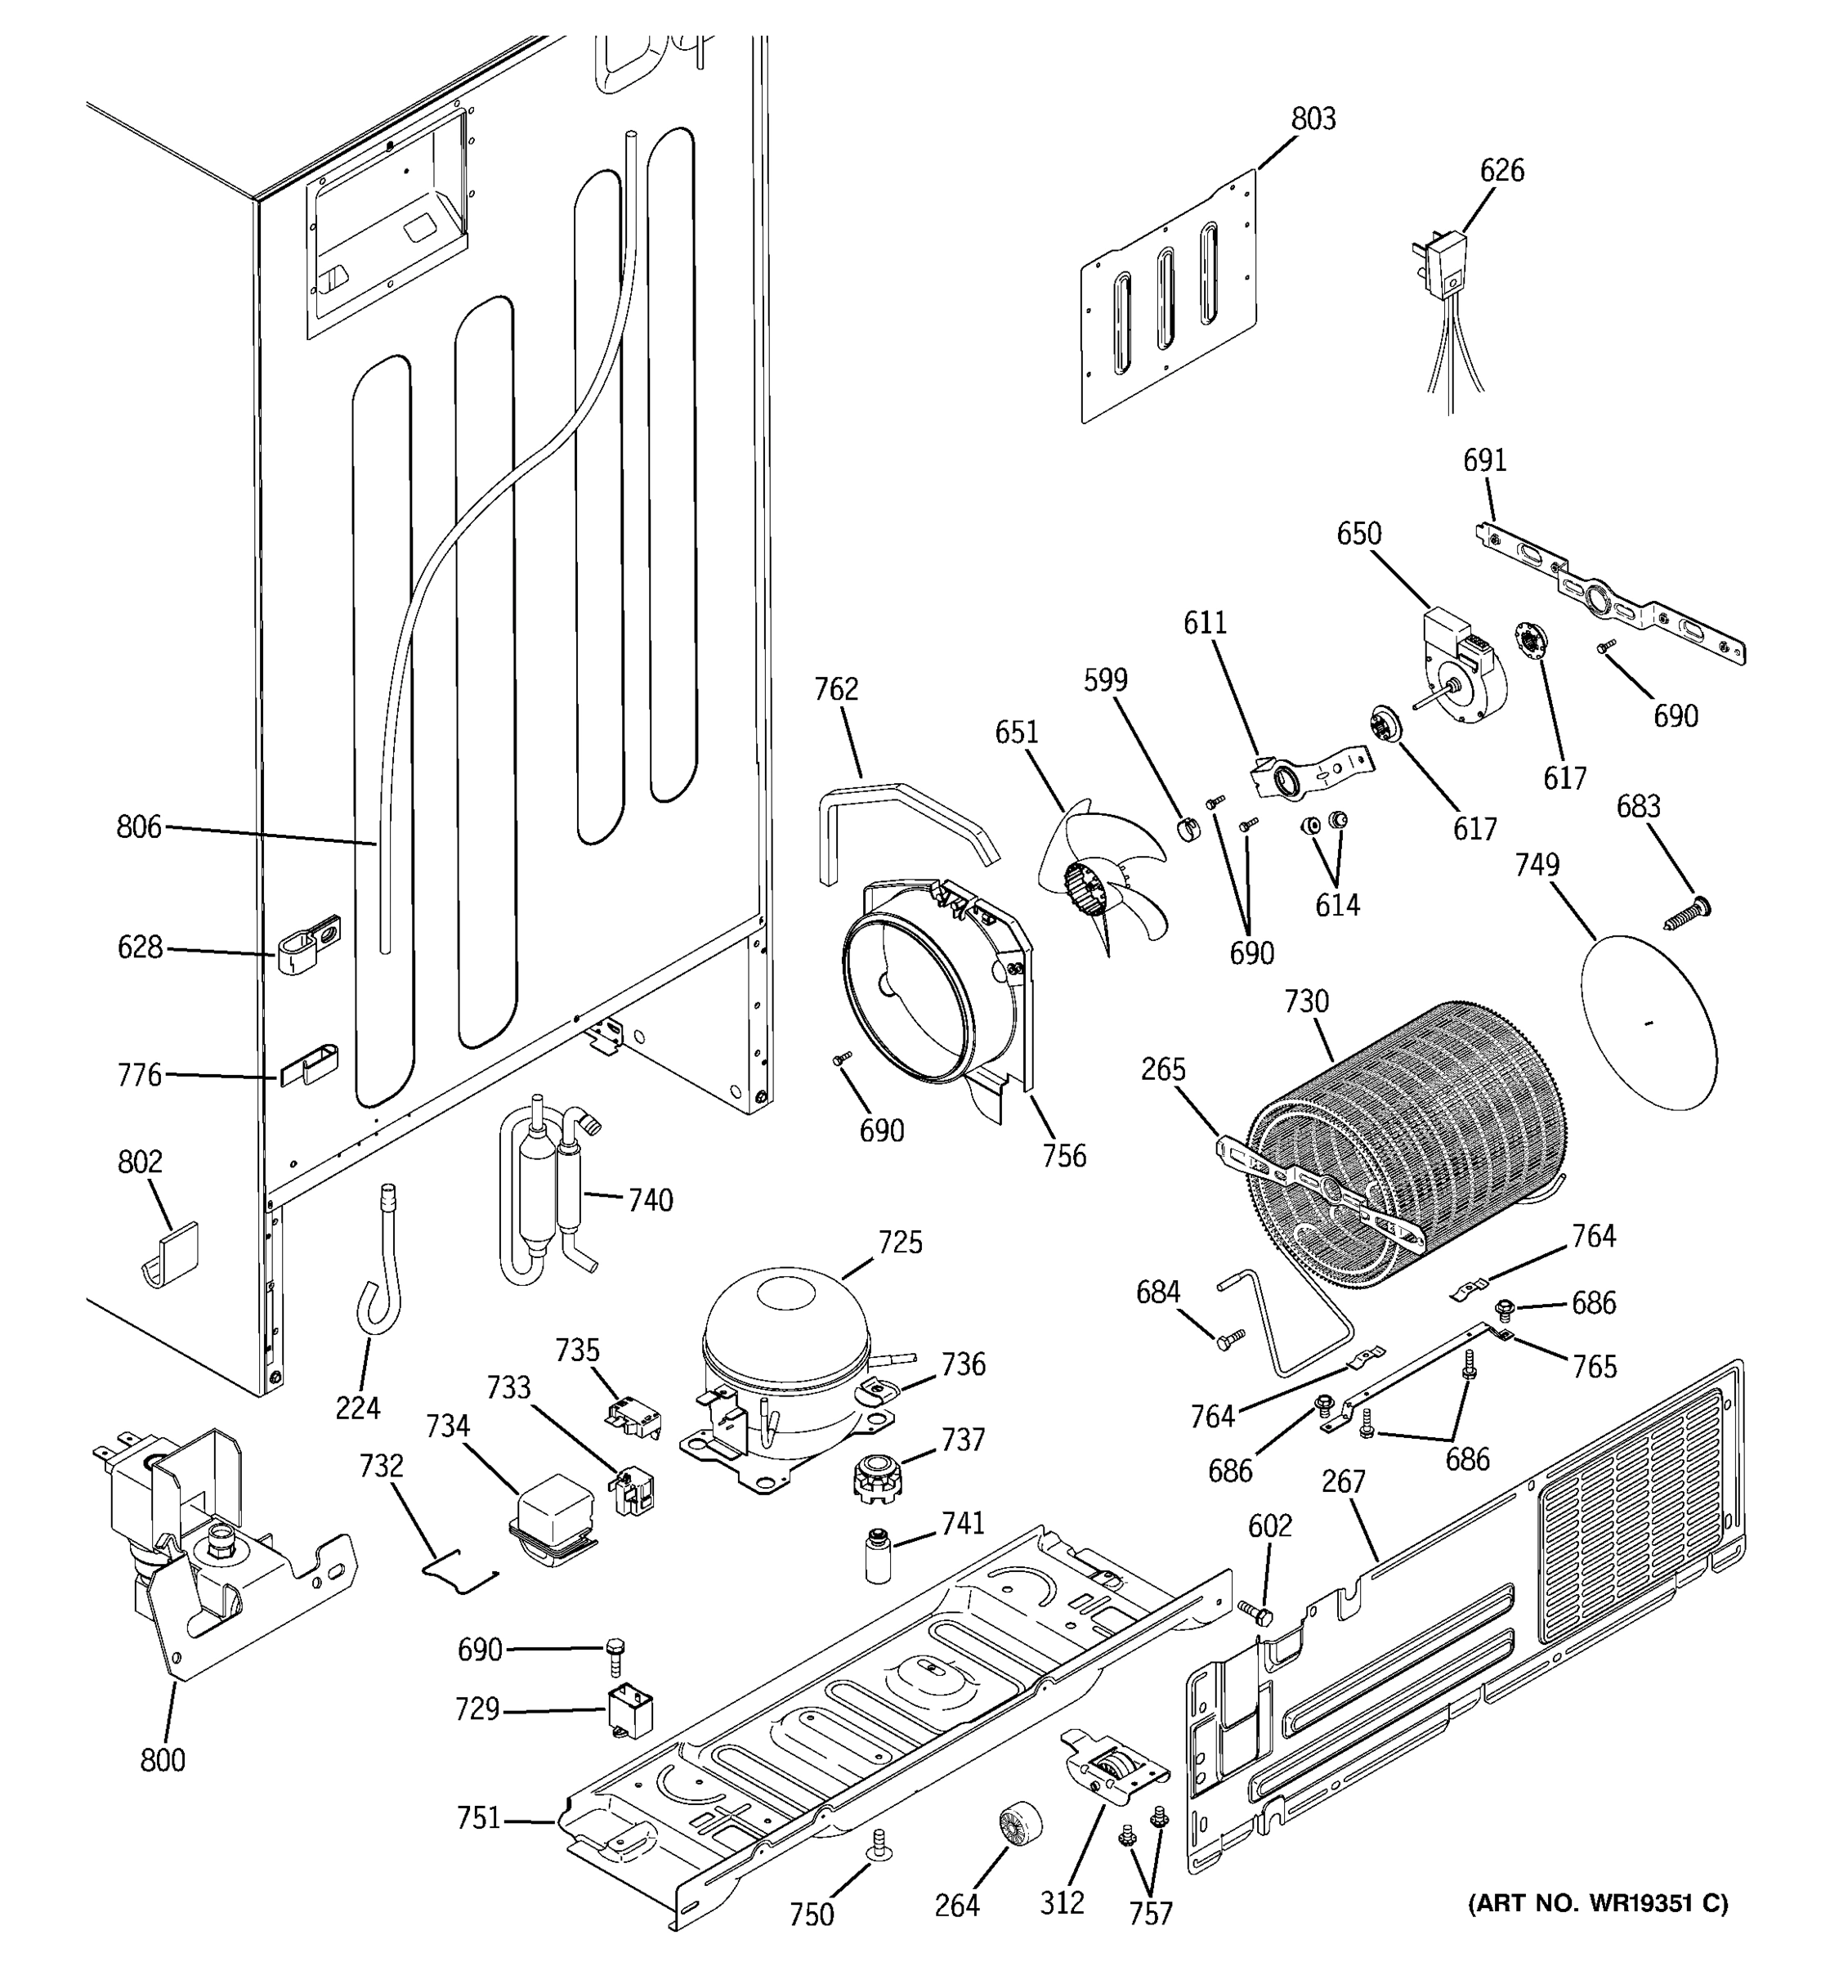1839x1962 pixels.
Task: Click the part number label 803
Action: click(x=1313, y=119)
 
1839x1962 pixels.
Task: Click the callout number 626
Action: click(x=1501, y=171)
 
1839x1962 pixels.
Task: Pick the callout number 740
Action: click(x=650, y=1201)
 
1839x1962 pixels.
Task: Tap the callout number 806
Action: click(x=138, y=827)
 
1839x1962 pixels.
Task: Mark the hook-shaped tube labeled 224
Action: click(x=380, y=1278)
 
